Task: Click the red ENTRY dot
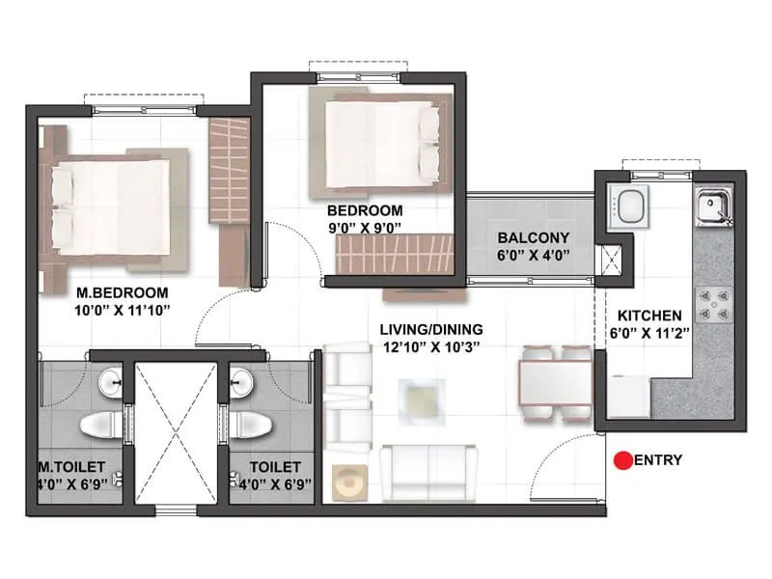623,461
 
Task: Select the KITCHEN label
650,316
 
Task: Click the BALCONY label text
534,237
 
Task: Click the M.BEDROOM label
122,292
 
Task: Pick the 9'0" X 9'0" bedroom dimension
364,227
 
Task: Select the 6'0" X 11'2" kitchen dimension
650,333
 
